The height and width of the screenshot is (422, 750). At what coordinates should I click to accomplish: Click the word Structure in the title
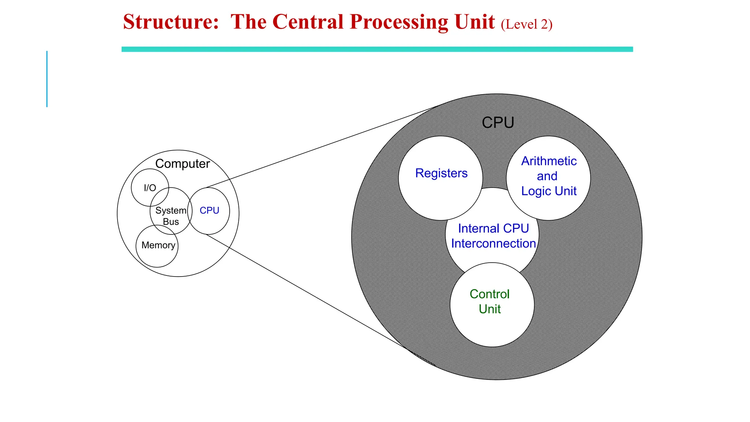pos(171,22)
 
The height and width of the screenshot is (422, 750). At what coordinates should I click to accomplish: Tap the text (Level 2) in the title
pos(526,25)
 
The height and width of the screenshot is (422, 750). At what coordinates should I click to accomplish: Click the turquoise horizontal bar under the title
pos(377,49)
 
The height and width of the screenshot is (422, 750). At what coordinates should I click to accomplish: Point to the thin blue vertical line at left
pos(47,79)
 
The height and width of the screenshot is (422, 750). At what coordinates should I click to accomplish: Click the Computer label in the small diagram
pos(182,164)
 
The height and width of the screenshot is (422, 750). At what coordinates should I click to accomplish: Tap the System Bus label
pos(171,216)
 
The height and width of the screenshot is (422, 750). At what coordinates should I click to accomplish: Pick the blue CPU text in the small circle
pos(209,211)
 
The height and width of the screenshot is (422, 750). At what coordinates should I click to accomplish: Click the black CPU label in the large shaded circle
pos(498,123)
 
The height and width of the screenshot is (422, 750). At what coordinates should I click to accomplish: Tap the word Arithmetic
pos(549,161)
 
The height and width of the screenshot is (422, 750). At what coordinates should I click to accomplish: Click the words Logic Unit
pos(549,191)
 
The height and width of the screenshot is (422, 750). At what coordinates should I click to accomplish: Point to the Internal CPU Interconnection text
pos(493,236)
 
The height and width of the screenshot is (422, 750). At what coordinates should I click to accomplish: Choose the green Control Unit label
pos(490,301)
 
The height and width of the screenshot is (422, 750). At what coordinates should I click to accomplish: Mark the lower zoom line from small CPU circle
pos(311,295)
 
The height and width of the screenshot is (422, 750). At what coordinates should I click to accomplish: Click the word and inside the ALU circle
pos(547,176)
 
